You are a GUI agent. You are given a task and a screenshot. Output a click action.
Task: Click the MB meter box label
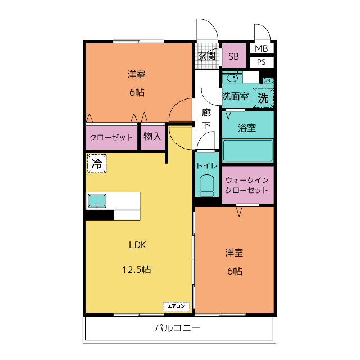(x=261, y=48)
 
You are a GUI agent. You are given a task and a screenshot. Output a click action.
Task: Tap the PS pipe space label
(x=261, y=62)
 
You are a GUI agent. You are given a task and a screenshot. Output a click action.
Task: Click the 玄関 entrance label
(x=207, y=56)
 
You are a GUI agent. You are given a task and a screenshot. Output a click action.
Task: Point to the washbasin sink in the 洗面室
(x=232, y=78)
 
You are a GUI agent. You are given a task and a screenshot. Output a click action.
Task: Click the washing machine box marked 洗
(x=263, y=97)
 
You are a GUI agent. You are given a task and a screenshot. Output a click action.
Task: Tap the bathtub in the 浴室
(x=247, y=150)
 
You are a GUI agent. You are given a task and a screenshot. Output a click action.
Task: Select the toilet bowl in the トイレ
(x=206, y=186)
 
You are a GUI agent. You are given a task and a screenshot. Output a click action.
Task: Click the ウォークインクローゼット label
(x=247, y=185)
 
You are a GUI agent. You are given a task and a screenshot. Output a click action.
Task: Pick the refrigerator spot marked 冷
(x=97, y=164)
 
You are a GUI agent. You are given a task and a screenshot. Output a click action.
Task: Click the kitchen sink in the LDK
(x=97, y=201)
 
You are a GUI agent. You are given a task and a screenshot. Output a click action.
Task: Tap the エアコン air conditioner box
(x=176, y=306)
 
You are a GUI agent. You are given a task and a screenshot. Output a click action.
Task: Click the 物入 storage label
(x=152, y=136)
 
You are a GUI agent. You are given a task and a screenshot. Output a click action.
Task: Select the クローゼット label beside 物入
(x=111, y=137)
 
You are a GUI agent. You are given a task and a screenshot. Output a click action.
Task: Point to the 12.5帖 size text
(x=136, y=269)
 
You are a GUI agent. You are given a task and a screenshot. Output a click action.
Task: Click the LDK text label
(x=137, y=245)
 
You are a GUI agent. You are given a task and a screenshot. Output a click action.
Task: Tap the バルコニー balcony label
(x=178, y=328)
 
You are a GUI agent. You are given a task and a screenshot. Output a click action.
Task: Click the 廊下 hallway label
(x=206, y=119)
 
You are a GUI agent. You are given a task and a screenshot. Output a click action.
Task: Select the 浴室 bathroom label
(x=247, y=128)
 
